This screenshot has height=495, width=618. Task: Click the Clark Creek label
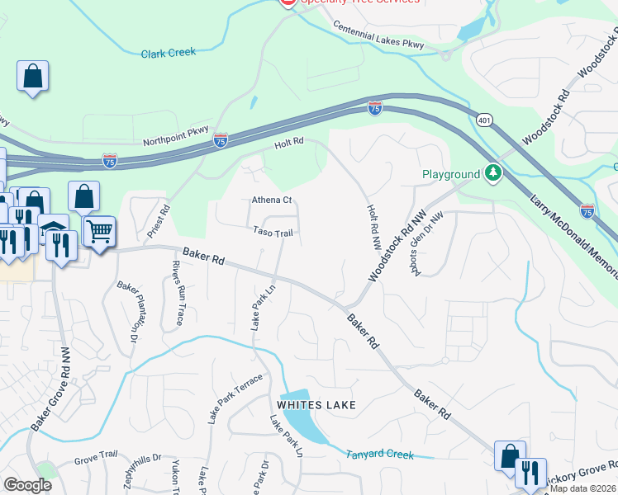click(168, 52)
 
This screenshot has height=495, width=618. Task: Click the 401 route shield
click(483, 120)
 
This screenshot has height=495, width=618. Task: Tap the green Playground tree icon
click(493, 172)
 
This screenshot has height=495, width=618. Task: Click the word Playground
click(450, 174)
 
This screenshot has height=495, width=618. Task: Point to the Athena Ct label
click(272, 200)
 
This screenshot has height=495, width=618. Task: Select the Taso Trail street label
click(273, 233)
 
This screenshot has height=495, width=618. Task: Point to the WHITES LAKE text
click(316, 405)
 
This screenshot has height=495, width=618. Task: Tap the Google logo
click(27, 485)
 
